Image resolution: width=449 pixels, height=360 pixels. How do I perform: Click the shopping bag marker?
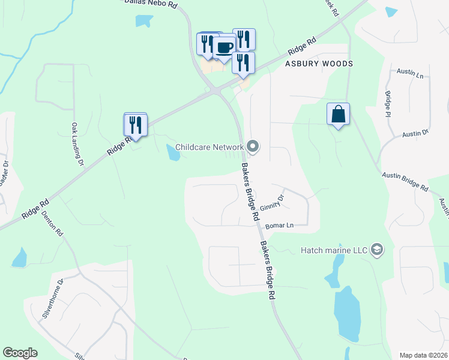[x=339, y=114]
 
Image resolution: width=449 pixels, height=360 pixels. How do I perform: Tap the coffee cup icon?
[x=224, y=47]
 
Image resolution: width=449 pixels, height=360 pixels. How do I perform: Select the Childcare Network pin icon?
[x=253, y=146]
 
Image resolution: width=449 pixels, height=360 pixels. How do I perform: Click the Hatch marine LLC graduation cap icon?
[x=377, y=249]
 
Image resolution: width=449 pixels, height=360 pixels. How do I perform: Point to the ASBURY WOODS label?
[x=318, y=63]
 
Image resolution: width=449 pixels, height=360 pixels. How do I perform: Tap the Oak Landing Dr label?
[x=76, y=144]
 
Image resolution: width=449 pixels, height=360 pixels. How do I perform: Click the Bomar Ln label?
[x=279, y=226]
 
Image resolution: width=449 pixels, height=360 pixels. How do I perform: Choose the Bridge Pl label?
[x=388, y=104]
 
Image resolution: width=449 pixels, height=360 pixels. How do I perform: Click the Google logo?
[x=20, y=353]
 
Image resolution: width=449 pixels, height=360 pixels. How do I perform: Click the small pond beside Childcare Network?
[x=173, y=154]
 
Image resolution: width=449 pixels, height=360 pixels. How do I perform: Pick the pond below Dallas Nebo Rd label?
[x=144, y=21]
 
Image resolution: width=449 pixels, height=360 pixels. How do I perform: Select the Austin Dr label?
[x=415, y=133]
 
